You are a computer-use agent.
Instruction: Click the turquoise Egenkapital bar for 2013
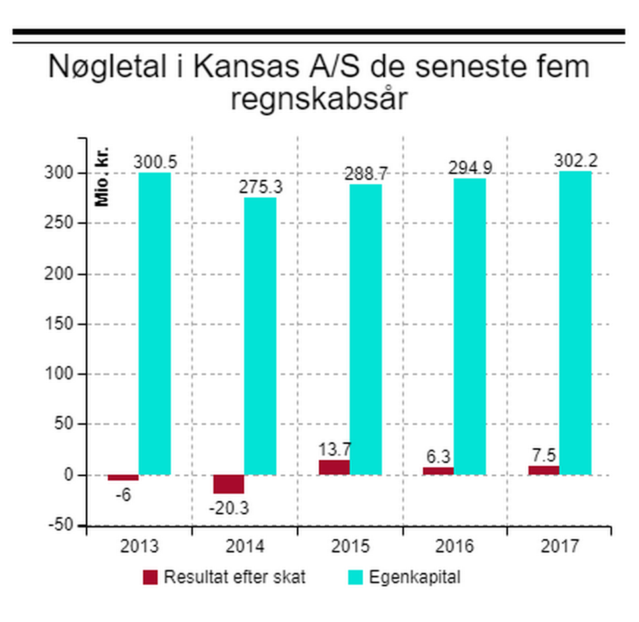pyautogui.click(x=154, y=324)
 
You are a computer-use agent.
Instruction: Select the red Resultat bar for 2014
pyautogui.click(x=228, y=483)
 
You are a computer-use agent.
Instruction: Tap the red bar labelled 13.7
pyautogui.click(x=333, y=467)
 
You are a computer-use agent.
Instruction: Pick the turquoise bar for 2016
pyautogui.click(x=470, y=326)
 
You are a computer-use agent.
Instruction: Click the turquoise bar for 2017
pyautogui.click(x=575, y=323)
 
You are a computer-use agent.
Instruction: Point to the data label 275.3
pyautogui.click(x=260, y=188)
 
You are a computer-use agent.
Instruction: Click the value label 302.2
pyautogui.click(x=575, y=161)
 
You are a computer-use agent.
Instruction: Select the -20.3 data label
pyautogui.click(x=228, y=509)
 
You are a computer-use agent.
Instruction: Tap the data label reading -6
pyautogui.click(x=123, y=495)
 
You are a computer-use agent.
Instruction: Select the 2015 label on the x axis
pyautogui.click(x=350, y=547)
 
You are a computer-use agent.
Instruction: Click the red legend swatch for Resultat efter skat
pyautogui.click(x=150, y=577)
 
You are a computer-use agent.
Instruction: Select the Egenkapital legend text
pyautogui.click(x=424, y=577)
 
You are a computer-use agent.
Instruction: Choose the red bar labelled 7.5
pyautogui.click(x=544, y=470)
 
